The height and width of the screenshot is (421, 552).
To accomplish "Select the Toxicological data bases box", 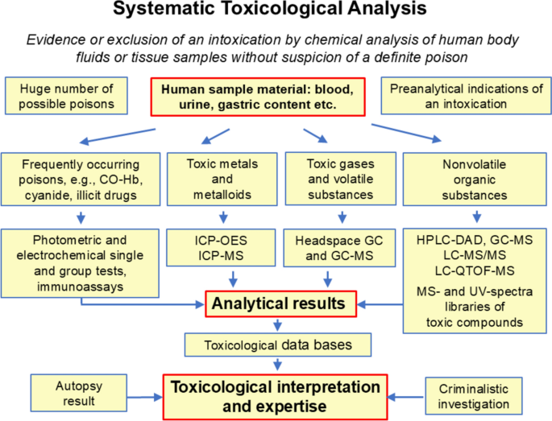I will click(x=277, y=345).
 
